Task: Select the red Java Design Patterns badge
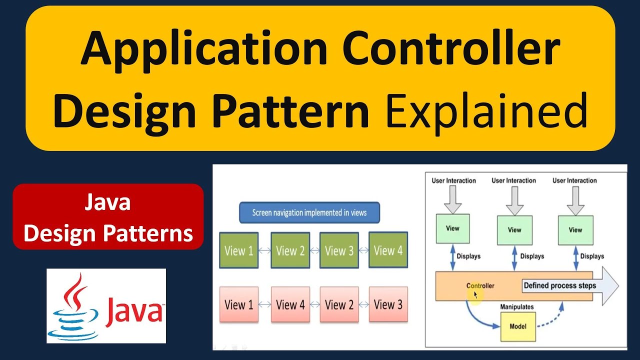click(108, 217)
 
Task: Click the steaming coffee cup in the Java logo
click(73, 307)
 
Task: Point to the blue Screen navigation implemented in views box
click(309, 212)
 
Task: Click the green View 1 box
click(239, 250)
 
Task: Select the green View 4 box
click(388, 250)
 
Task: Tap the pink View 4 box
click(290, 304)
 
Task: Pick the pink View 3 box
click(388, 304)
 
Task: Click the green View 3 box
click(339, 250)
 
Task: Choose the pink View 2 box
click(339, 304)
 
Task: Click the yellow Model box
click(517, 326)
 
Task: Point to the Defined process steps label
click(559, 285)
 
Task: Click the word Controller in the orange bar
click(480, 285)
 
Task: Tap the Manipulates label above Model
click(517, 306)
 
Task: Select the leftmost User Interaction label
click(453, 180)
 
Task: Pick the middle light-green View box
click(514, 230)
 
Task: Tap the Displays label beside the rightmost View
click(592, 256)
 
